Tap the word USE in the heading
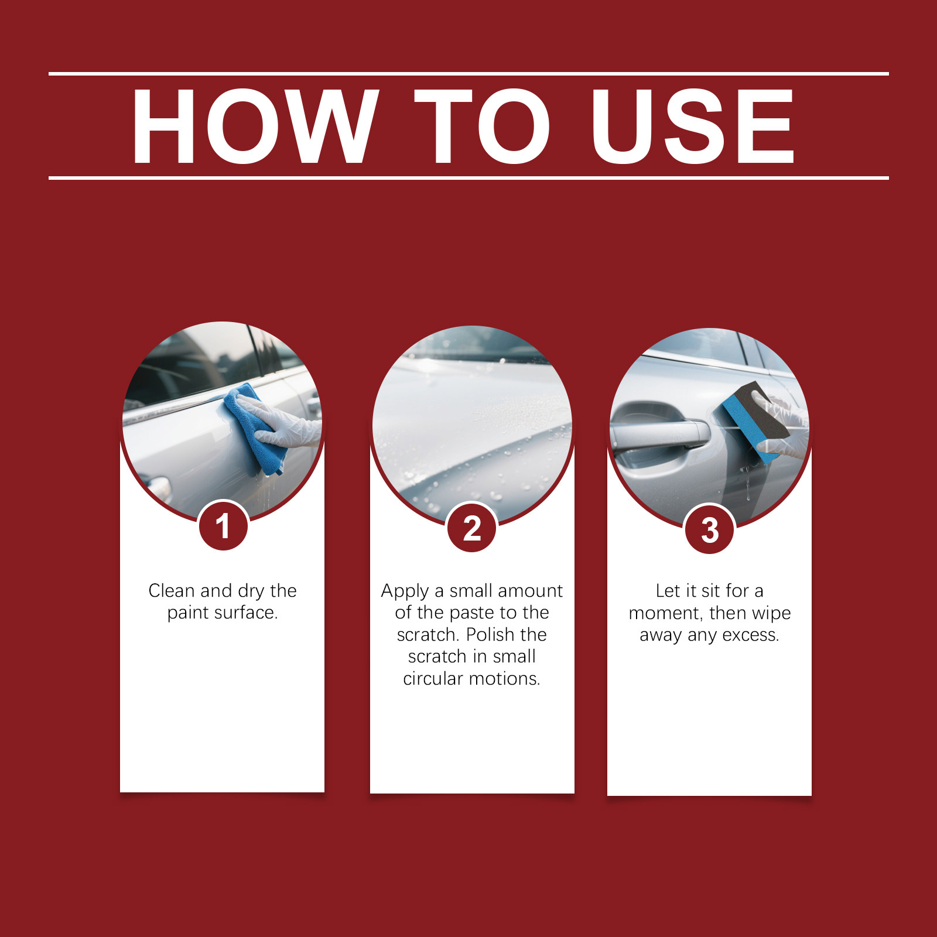click(692, 126)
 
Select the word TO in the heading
click(481, 126)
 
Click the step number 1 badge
click(223, 526)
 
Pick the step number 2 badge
click(472, 528)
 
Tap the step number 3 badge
click(710, 529)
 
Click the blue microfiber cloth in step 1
click(254, 429)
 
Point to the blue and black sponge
click(755, 420)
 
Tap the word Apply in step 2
click(405, 591)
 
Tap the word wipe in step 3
click(771, 614)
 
